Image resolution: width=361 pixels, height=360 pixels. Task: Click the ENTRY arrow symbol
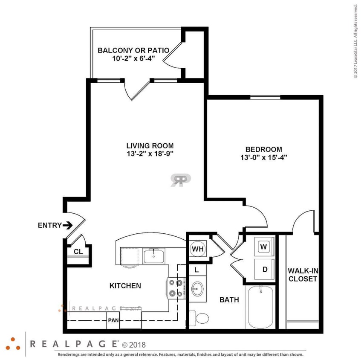click(67, 225)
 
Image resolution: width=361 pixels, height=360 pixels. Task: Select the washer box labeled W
click(263, 247)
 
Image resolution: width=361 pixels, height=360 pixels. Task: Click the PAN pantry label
click(113, 320)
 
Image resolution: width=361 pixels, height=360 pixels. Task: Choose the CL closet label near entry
click(78, 252)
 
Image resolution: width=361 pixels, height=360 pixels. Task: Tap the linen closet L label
click(196, 270)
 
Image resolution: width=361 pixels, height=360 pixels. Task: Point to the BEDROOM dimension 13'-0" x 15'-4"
click(263, 157)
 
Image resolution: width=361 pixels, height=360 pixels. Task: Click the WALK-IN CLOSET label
click(303, 275)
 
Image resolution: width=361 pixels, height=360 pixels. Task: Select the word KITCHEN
click(125, 286)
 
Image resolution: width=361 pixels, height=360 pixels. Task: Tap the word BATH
click(229, 300)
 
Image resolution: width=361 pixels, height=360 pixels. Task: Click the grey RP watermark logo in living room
click(181, 180)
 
